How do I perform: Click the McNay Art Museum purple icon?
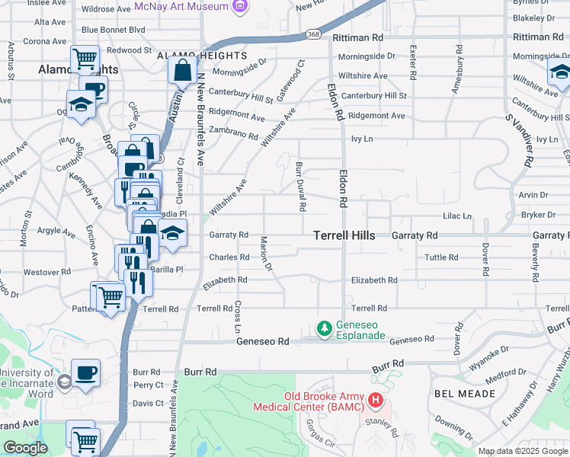pos(242,7)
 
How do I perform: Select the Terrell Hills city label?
pos(344,236)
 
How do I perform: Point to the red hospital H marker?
pos(375,399)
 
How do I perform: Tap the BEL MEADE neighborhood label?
pos(465,394)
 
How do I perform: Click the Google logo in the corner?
pos(25,448)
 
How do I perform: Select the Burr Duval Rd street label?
pos(300,186)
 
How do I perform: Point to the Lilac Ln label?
pos(457,216)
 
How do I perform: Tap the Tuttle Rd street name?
pos(444,257)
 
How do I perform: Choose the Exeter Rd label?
pos(412,62)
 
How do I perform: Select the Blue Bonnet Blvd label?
pos(113,30)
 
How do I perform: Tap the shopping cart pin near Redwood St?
pos(85,58)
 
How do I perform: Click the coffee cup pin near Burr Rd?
pos(86,372)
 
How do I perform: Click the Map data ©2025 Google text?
pos(522,451)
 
